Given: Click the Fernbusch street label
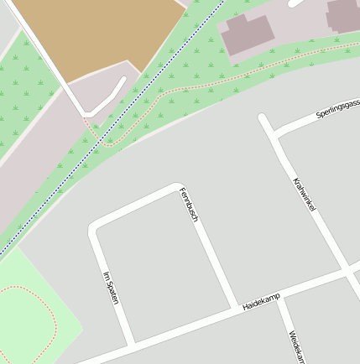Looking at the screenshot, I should [x=189, y=205].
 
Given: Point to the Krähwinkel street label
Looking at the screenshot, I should [x=304, y=195].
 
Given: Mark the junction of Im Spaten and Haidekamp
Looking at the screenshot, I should [x=132, y=343].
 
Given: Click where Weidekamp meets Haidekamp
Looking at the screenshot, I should [x=281, y=294].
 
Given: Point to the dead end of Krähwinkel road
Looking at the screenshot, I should [x=263, y=117].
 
